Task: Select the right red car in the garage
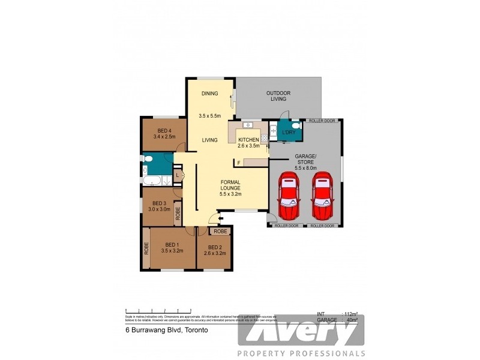pos(322,197)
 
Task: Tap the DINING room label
pos(209,94)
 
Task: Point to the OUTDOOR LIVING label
pos(278,96)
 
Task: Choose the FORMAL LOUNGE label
pos(230,185)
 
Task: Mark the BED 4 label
pos(164,131)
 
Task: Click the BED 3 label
pos(158,203)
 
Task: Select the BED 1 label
pos(172,244)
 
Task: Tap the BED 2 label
pos(215,247)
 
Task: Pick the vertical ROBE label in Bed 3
pos(178,214)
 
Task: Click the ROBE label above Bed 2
pos(220,231)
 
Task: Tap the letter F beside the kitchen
pos(239,163)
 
